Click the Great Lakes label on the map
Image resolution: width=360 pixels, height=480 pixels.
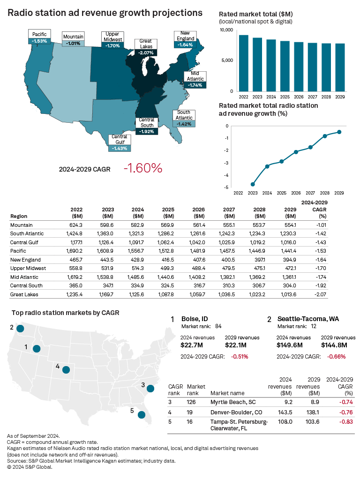[146, 44]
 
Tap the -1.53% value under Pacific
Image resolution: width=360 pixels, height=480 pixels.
[40, 41]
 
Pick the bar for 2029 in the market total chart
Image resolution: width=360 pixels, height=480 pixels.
[340, 67]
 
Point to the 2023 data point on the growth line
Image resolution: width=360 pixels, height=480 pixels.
[253, 184]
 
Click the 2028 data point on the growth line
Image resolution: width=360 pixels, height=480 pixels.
[325, 136]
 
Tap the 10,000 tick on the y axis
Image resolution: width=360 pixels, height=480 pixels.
[226, 30]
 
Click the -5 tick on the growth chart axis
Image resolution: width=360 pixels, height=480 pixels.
[226, 187]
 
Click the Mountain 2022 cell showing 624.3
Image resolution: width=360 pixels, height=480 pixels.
[76, 225]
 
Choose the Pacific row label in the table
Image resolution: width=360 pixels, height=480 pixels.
[18, 251]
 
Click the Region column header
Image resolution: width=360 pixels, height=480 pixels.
[18, 216]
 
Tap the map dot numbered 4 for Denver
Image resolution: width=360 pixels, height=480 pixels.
[66, 370]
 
